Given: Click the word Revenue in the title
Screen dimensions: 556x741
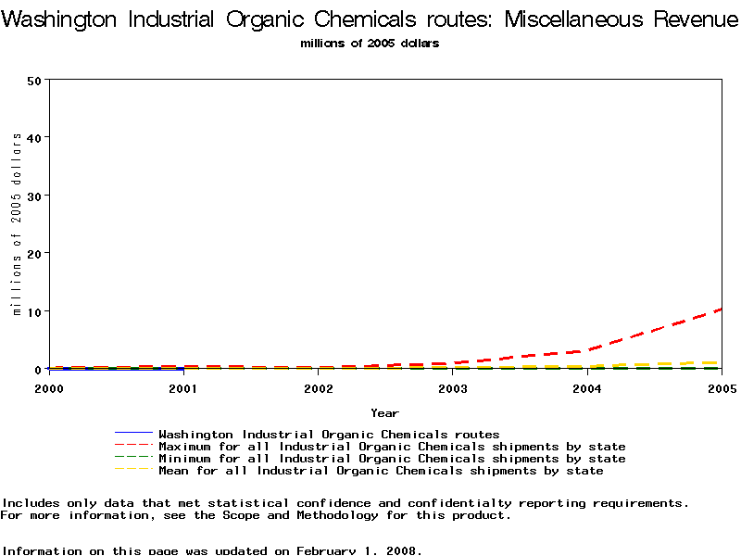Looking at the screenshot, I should point(686,19).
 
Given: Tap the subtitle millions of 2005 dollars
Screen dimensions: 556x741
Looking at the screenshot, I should point(370,43).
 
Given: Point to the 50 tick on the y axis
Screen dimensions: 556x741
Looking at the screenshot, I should point(34,80).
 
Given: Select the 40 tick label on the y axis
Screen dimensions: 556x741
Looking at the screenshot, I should point(34,137).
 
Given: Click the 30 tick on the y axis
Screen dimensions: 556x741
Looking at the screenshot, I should point(34,196).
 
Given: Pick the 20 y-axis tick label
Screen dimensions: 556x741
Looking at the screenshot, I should point(34,253).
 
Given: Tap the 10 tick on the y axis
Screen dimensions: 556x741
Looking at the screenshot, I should point(34,311).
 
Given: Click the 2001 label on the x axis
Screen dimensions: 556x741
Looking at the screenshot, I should point(183,388).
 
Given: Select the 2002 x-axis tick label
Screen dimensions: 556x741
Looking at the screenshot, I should point(319,388).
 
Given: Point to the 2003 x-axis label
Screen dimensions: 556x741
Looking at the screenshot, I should point(453,388).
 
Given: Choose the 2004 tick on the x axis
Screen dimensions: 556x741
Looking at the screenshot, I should point(587,388).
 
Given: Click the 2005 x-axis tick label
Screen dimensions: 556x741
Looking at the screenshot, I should point(722,388).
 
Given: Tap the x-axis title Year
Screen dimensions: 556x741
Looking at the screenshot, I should point(384,413).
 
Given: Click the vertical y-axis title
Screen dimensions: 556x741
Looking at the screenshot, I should point(17,223).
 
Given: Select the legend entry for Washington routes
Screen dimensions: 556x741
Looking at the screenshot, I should point(329,434).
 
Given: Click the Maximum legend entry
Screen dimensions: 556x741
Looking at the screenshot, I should point(392,447).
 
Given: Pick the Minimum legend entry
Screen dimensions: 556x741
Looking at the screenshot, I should point(392,459).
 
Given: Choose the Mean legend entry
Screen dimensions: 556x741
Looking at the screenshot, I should point(381,471).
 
